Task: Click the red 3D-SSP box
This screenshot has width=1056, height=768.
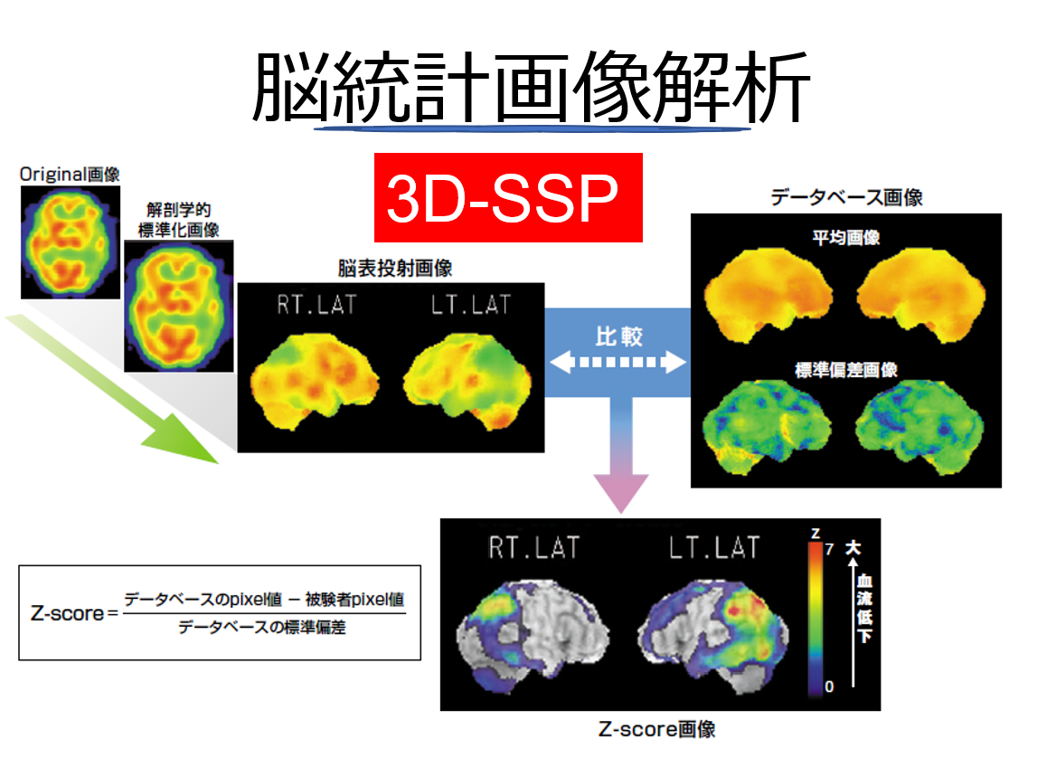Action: (508, 197)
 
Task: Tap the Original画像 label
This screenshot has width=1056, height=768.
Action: (70, 175)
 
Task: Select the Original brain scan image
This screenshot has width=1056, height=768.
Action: (70, 242)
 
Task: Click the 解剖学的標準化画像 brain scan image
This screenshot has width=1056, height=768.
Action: (178, 306)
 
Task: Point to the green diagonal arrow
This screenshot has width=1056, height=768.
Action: (112, 389)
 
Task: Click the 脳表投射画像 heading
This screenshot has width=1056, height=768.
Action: (395, 268)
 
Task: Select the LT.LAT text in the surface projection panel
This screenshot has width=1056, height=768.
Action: (471, 305)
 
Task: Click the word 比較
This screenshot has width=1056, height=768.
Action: (619, 337)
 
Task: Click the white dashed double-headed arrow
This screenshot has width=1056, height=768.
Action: (618, 362)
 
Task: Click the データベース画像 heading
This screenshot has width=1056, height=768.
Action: (846, 197)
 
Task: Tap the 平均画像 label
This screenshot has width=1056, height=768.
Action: (846, 238)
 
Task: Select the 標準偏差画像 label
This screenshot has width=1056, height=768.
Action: (846, 370)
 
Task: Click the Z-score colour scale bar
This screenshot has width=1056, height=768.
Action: (815, 618)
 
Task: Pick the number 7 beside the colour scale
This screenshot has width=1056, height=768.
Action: (830, 549)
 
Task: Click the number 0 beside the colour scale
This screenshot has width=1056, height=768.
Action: (829, 687)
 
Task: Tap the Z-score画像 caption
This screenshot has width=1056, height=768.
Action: (656, 729)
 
